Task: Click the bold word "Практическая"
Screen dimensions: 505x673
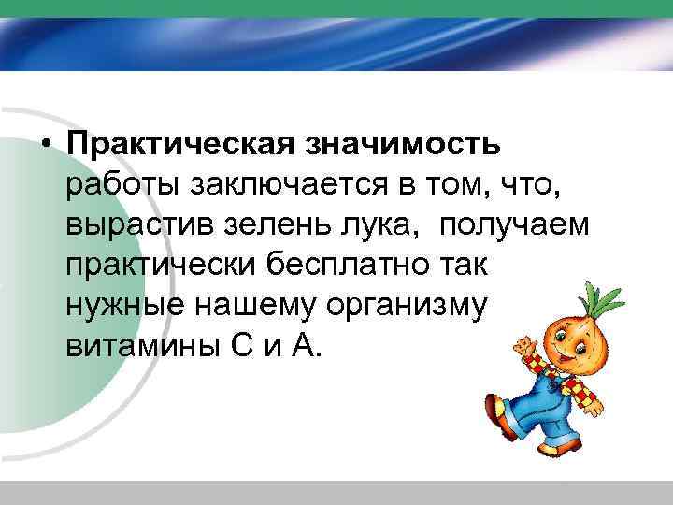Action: pyautogui.click(x=180, y=145)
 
